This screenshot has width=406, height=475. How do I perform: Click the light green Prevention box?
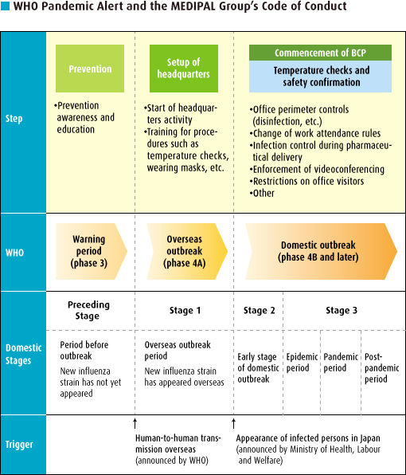pos(90,69)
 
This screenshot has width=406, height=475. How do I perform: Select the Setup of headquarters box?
pos(184,69)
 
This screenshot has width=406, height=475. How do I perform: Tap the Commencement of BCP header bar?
pos(320,53)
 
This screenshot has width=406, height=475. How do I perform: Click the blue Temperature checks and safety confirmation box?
pos(320,77)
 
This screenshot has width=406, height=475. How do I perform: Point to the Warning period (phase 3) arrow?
pos(91,251)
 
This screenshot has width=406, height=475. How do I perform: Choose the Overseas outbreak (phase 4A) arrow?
pos(186,251)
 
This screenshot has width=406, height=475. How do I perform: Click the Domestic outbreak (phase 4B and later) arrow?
pos(321,251)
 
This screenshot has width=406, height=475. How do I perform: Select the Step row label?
pos(14,119)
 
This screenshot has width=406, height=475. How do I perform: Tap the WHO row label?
pos(14,253)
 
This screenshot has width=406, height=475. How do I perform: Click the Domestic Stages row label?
pos(23,354)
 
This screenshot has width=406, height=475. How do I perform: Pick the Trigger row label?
pos(19,445)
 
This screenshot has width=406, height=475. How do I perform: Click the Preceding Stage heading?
pos(88,310)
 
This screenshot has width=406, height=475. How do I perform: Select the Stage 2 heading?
pos(260,311)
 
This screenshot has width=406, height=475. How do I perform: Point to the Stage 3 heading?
pos(342,311)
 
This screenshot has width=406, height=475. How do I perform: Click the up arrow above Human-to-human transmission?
pos(135,424)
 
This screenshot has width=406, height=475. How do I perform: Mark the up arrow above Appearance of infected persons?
pos(233,424)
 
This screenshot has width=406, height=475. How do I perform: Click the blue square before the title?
pos(5,6)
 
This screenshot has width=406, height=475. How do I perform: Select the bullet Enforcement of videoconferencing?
pos(317,169)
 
